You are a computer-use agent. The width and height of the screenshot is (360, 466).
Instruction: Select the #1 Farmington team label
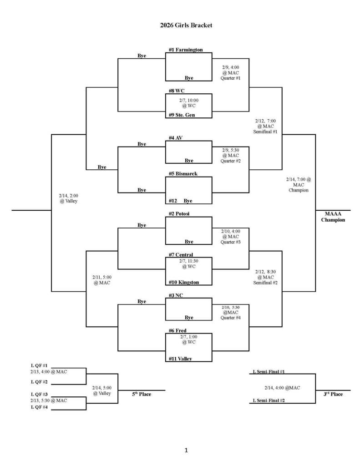[x=185, y=50]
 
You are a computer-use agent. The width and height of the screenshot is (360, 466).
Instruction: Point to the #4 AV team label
[x=176, y=138]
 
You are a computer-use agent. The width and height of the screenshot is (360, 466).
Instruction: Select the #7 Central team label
[x=181, y=254]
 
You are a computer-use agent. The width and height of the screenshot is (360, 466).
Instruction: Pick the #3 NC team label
[x=176, y=295]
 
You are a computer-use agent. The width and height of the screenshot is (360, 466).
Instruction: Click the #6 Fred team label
[x=177, y=330]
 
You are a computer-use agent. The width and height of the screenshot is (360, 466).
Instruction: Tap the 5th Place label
[x=142, y=394]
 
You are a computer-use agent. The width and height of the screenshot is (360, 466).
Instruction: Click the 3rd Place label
[x=333, y=394]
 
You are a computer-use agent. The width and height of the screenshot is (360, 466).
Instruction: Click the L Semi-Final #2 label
[x=269, y=400]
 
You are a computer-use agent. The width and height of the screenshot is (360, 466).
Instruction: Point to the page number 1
[x=186, y=451]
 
